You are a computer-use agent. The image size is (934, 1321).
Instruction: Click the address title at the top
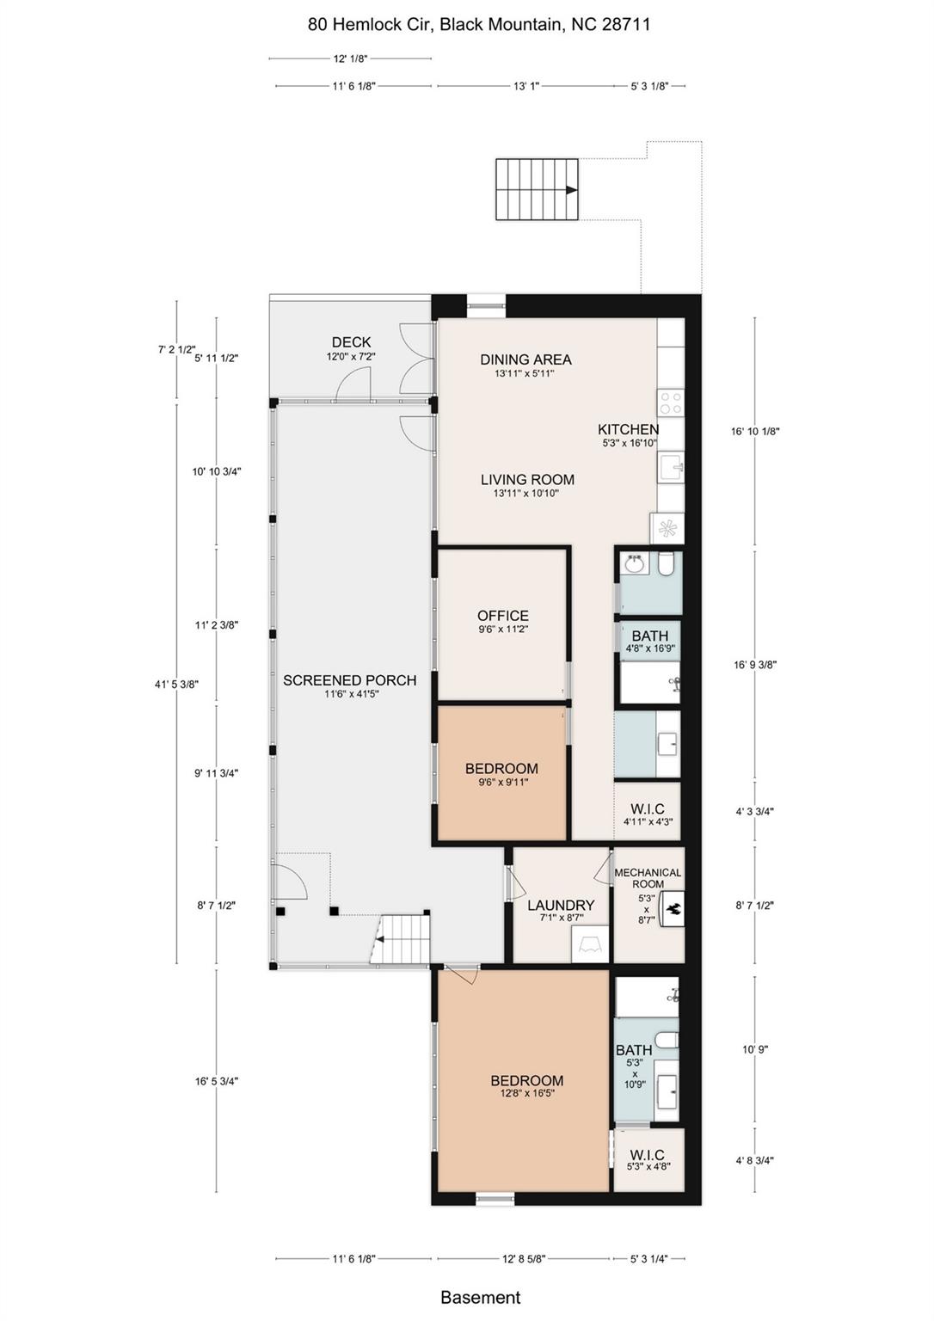(x=479, y=25)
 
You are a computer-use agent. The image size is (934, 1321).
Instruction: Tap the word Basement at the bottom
(x=480, y=1297)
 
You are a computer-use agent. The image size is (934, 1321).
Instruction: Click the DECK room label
(x=351, y=342)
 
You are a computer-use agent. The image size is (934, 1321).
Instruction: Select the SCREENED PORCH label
(x=349, y=680)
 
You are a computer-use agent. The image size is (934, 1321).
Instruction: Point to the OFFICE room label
(x=503, y=616)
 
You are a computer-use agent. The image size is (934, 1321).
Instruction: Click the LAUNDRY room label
(x=561, y=905)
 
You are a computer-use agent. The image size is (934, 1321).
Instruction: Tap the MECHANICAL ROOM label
(x=648, y=878)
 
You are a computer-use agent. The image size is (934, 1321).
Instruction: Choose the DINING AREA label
(x=525, y=359)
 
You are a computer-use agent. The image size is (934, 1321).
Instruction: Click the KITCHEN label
(x=629, y=429)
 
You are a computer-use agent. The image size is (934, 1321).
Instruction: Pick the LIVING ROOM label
(x=527, y=480)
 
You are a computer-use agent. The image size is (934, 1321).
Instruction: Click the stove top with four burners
(x=670, y=402)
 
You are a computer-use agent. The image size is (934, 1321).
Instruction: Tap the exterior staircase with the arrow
(x=537, y=189)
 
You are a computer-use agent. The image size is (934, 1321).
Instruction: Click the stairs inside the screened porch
(x=402, y=939)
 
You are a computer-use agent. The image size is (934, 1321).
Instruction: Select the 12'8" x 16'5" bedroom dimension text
(x=527, y=1094)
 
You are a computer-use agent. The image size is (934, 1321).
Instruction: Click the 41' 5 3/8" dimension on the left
(x=176, y=684)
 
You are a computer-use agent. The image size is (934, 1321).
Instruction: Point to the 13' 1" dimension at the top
(x=525, y=86)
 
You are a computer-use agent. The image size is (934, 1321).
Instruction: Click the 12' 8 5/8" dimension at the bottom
(x=525, y=1259)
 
